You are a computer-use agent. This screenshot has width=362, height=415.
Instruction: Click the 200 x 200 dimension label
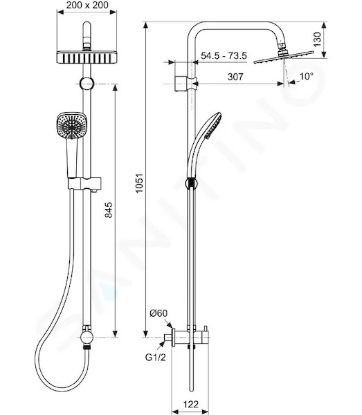pos(87,5)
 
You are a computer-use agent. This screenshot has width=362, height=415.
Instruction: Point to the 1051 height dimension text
pos(139,183)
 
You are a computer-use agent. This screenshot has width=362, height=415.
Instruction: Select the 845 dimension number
pos(108,210)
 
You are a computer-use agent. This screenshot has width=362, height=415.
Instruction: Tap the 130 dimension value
pos(317,39)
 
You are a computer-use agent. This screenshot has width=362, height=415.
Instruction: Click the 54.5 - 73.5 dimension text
pos(224,56)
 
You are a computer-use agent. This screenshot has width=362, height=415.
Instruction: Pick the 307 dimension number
pos(235,77)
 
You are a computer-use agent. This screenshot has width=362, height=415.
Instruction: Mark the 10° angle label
pos(307,77)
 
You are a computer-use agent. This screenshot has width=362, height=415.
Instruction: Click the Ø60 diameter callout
pos(159,313)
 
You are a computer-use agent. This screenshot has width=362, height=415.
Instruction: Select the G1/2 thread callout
pos(156,358)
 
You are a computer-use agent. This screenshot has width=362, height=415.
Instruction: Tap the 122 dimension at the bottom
pos(190,404)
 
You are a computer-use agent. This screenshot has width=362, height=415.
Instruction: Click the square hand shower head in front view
pos(68,125)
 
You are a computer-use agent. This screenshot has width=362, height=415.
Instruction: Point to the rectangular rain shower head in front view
pos(87,57)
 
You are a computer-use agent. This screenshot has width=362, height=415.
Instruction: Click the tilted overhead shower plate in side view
pos(284,57)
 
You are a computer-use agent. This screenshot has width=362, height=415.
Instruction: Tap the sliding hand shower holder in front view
pos(84,183)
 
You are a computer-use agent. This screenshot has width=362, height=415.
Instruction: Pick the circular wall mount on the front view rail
pos(87,84)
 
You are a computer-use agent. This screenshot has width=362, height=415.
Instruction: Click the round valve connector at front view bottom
pos(87,338)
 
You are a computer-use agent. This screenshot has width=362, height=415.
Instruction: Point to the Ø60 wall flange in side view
pos(173,338)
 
